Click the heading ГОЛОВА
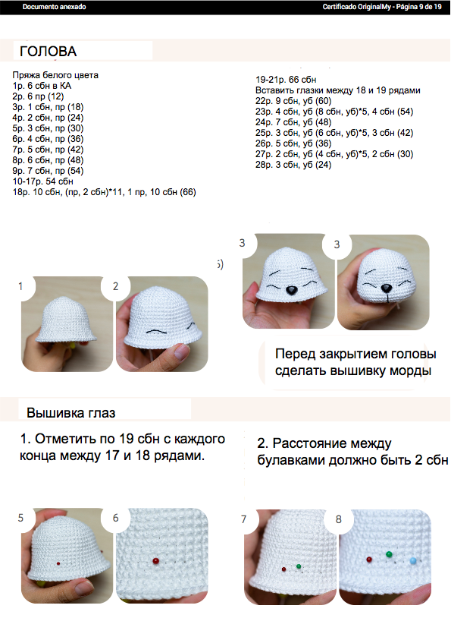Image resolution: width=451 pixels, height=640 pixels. tap(48, 52)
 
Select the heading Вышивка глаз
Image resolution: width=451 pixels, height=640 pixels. tap(71, 413)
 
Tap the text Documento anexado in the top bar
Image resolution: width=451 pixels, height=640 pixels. tap(54, 7)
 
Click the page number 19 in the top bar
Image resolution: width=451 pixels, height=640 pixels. tap(437, 7)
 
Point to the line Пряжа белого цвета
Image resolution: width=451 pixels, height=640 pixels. tap(55, 75)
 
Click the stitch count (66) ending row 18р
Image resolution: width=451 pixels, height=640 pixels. tap(187, 192)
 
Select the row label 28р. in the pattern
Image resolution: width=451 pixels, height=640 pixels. tap(264, 165)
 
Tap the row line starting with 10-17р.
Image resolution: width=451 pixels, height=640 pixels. tap(42, 181)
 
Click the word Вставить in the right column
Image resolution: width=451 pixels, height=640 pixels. tap(273, 90)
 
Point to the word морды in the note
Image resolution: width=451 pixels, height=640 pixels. tap(411, 371)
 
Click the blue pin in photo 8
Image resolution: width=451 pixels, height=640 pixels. tap(413, 560)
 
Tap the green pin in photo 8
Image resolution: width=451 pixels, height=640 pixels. tap(389, 554)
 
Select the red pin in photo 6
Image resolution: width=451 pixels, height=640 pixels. tap(155, 561)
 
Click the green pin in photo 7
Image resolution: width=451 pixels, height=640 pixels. tap(299, 566)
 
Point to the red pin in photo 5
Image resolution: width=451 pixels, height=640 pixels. tap(58, 563)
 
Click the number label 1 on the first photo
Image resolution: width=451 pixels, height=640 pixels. tap(20, 286)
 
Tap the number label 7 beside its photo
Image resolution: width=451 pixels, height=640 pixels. tap(243, 519)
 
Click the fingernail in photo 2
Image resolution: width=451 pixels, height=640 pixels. tap(181, 351)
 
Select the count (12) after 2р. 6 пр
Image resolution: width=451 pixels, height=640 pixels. tap(56, 96)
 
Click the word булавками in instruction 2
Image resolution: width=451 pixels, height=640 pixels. tap(292, 460)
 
